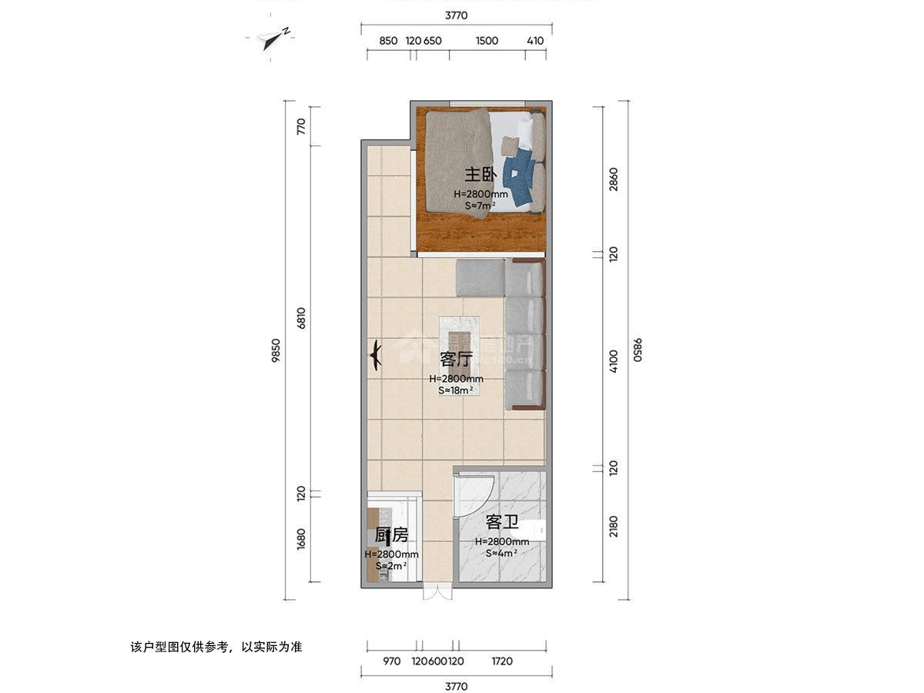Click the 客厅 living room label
pyautogui.click(x=455, y=360)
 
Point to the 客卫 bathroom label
pyautogui.click(x=501, y=524)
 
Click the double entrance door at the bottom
pyautogui.click(x=436, y=593)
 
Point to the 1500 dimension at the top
pyautogui.click(x=487, y=41)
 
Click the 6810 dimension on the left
pyautogui.click(x=302, y=320)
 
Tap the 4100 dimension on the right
pyautogui.click(x=613, y=360)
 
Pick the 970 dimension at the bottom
pyautogui.click(x=391, y=661)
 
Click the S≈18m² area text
pyautogui.click(x=456, y=390)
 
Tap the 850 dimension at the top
pyautogui.click(x=388, y=41)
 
